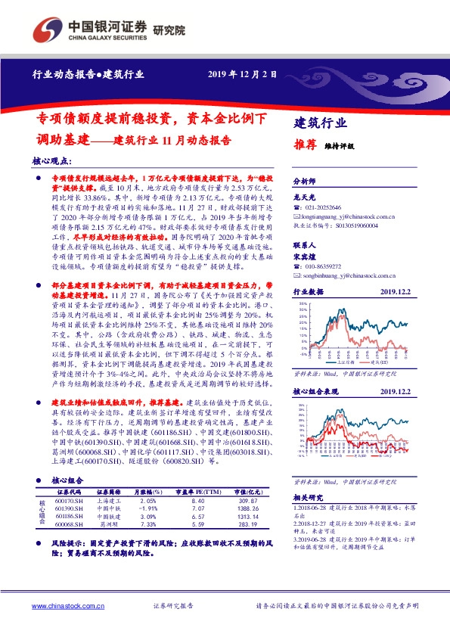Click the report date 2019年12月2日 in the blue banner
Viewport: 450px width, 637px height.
[242, 74]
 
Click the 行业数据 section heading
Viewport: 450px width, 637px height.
[307, 291]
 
